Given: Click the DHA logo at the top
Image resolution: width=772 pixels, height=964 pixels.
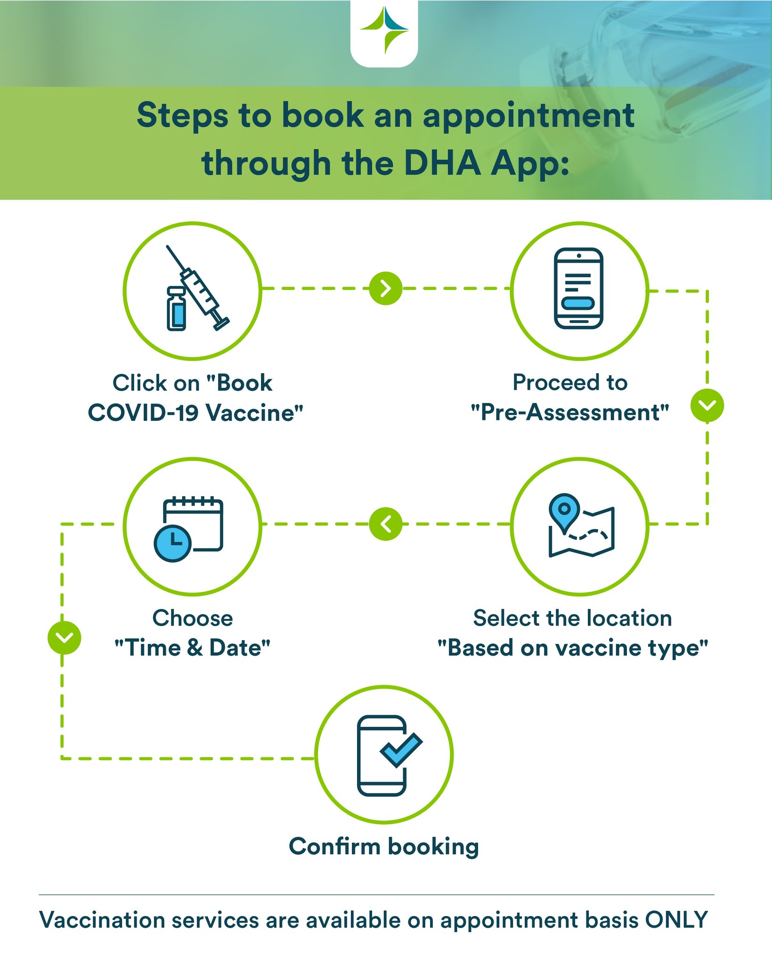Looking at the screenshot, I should pos(384,31).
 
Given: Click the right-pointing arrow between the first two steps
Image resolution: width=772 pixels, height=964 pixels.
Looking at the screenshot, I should pos(386,289).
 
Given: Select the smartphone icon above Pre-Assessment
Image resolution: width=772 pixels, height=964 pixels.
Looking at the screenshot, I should pos(579,289).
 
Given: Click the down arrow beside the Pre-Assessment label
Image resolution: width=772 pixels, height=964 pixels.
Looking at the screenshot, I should pos(707,405).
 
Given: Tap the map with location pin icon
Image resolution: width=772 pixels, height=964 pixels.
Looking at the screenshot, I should pos(580,526).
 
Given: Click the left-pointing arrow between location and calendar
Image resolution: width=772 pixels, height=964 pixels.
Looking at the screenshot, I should pos(386,524).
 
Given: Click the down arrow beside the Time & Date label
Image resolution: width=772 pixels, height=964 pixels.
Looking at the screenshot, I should pos(65,638).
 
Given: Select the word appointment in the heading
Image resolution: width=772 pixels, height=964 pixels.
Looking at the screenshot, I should pos(528,116).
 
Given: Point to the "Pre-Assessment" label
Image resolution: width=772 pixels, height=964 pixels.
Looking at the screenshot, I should pos(570,413).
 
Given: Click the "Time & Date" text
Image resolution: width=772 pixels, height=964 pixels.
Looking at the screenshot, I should pos(193,648).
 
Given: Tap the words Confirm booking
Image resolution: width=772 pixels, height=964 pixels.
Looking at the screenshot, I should pos(384,846).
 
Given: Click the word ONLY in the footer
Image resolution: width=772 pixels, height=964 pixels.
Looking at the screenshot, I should pos(676,920).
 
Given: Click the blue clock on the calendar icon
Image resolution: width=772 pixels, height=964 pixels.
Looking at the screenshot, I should pos(172,543).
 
